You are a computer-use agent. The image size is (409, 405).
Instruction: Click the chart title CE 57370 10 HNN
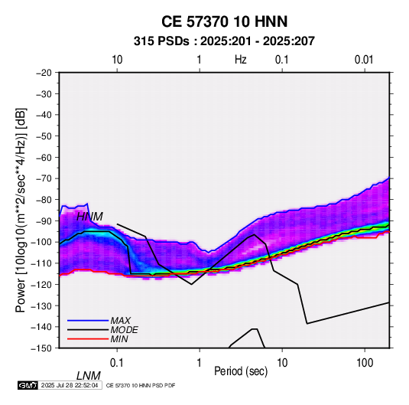click(x=224, y=21)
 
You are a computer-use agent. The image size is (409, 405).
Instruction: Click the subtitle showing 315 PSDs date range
click(x=224, y=41)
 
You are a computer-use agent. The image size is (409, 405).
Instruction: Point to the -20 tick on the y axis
click(x=44, y=73)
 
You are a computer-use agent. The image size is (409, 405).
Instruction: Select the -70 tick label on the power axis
click(x=44, y=178)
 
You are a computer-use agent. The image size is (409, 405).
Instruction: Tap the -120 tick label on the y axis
click(x=41, y=284)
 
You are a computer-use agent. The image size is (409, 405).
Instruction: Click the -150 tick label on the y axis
click(x=41, y=348)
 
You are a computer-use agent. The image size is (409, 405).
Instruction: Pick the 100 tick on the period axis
click(x=365, y=363)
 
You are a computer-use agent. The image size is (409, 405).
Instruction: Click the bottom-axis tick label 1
click(x=200, y=363)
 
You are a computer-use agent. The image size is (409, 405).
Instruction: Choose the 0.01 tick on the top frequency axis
click(x=364, y=60)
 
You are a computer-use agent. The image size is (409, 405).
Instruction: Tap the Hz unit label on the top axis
click(x=241, y=60)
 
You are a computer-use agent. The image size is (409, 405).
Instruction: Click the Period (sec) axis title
click(x=241, y=371)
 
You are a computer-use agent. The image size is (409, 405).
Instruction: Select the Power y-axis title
click(x=21, y=211)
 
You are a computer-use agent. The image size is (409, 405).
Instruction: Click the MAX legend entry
click(x=120, y=321)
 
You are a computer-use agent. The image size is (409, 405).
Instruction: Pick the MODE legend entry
click(x=124, y=330)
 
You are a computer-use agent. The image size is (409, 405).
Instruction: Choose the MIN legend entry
click(x=119, y=339)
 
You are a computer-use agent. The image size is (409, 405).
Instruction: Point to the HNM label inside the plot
click(x=89, y=217)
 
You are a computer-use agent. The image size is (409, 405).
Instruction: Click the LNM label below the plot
click(x=89, y=376)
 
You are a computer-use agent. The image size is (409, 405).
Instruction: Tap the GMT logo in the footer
click(x=28, y=385)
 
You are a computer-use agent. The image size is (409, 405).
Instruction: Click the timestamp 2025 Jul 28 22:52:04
click(x=70, y=385)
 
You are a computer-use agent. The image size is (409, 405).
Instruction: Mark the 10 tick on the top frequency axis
click(x=117, y=60)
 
